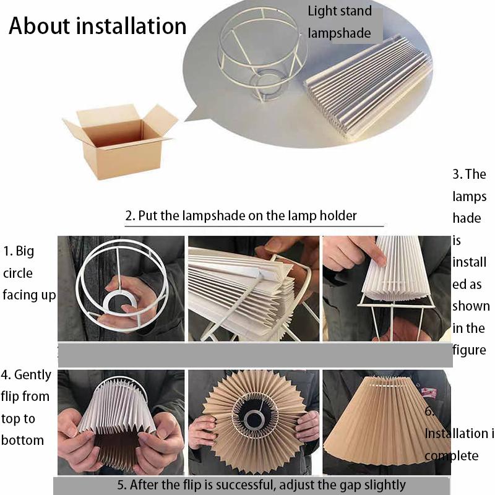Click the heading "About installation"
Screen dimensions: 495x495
pyautogui.click(x=97, y=26)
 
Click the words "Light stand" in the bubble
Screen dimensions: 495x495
pyautogui.click(x=340, y=11)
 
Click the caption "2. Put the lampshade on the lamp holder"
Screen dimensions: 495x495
pyautogui.click(x=241, y=216)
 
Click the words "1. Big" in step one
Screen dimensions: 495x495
pyautogui.click(x=19, y=251)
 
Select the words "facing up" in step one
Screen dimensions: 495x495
pyautogui.click(x=28, y=295)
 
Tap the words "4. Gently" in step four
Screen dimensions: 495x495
pyautogui.click(x=26, y=374)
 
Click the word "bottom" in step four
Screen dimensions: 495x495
pyautogui.click(x=22, y=441)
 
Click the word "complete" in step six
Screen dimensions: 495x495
pyautogui.click(x=451, y=456)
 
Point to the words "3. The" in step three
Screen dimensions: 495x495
pyautogui.click(x=469, y=174)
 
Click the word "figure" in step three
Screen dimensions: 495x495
pyautogui.click(x=469, y=350)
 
